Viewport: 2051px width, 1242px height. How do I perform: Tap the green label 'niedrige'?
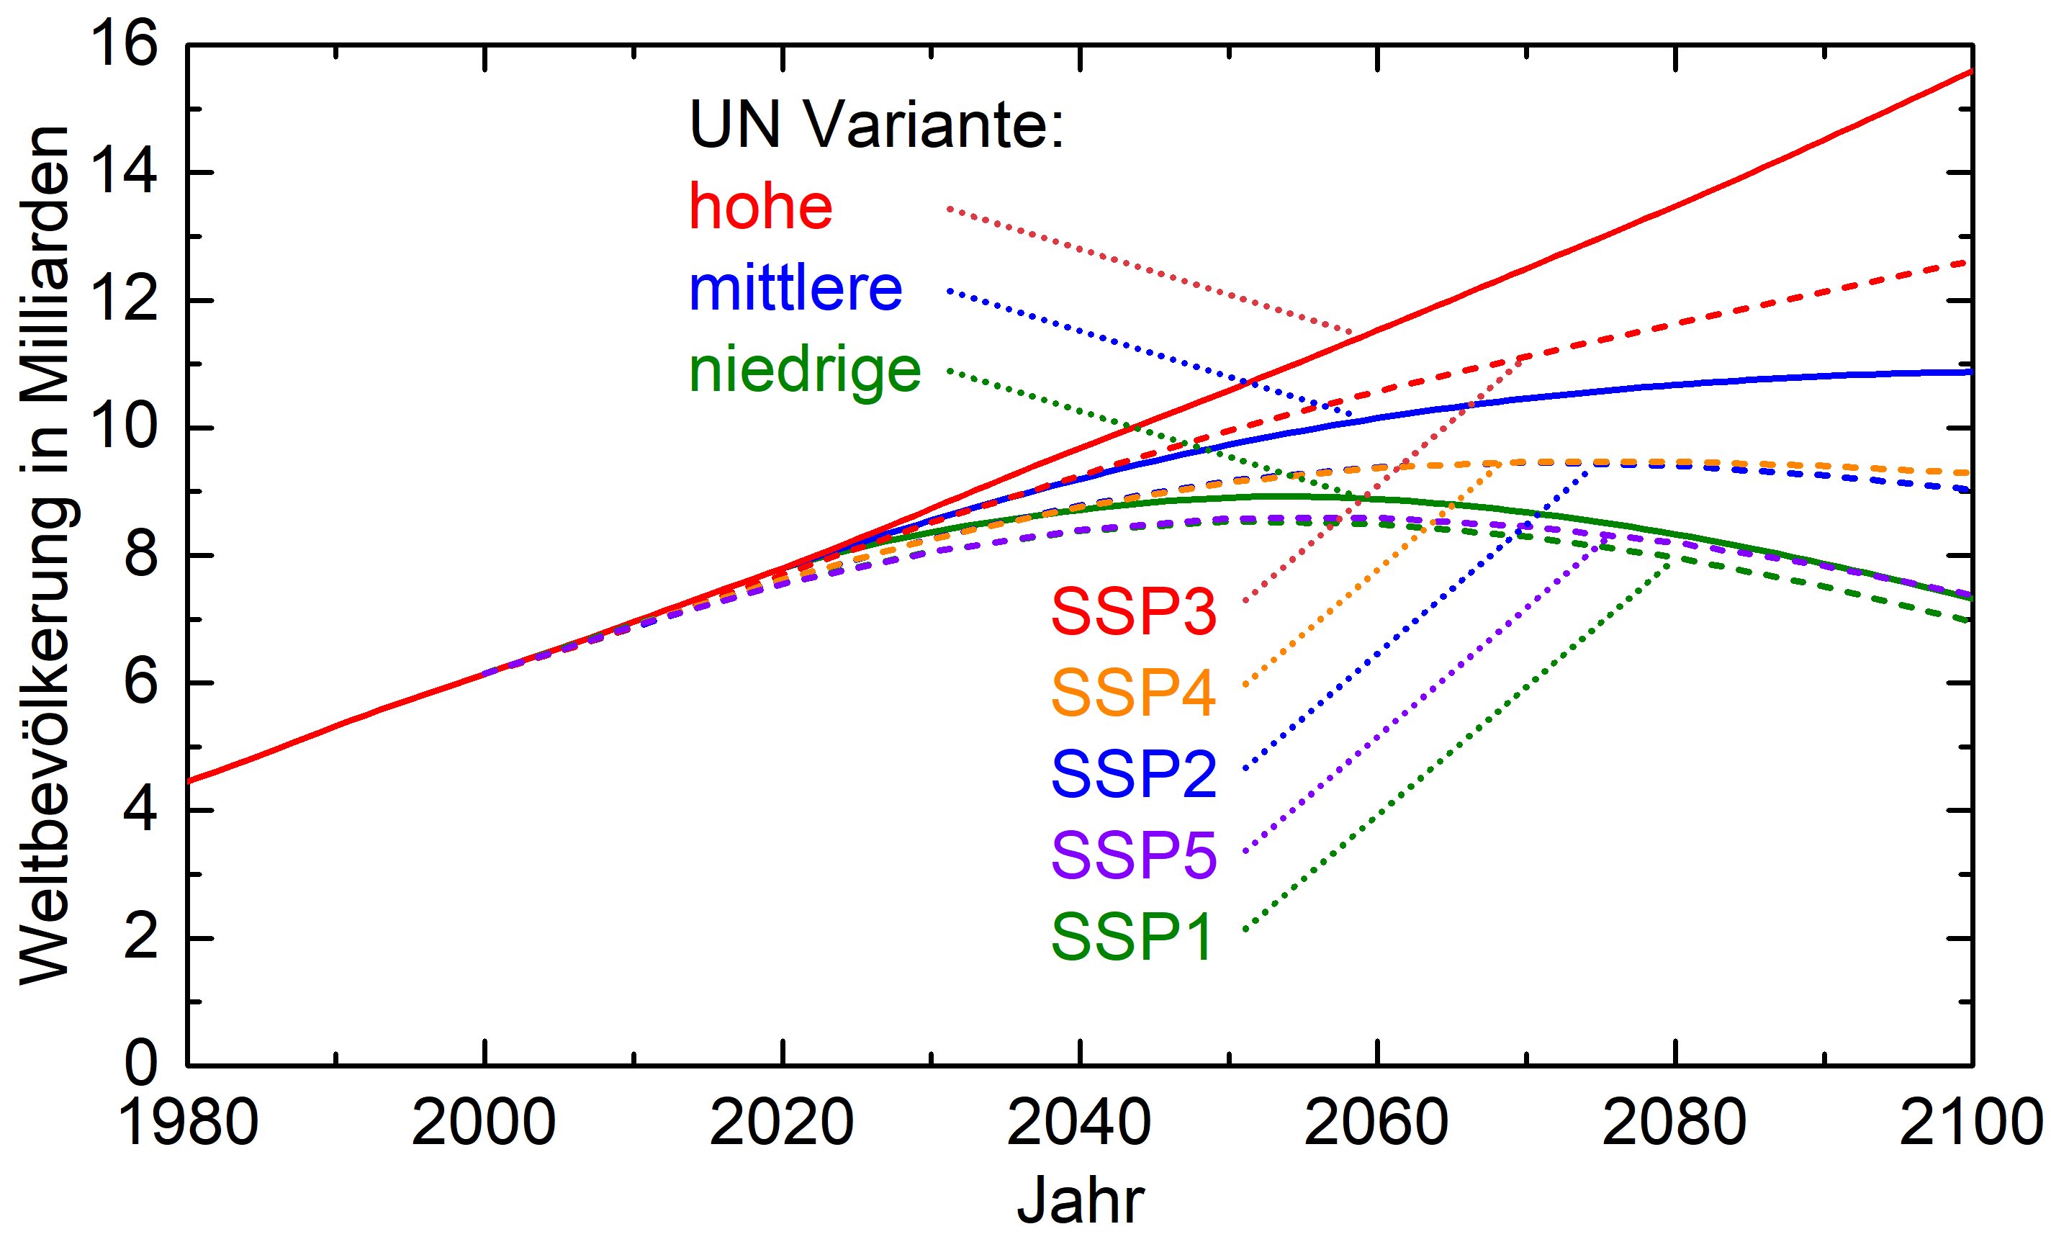click(804, 369)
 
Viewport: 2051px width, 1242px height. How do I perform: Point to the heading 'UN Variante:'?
click(877, 125)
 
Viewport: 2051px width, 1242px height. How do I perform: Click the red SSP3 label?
click(1133, 612)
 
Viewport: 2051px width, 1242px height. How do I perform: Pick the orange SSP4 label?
click(1133, 693)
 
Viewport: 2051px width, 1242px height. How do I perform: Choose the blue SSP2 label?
click(1133, 774)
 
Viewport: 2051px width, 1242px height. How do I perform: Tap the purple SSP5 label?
click(1133, 855)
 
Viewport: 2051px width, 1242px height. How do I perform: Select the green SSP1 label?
click(1131, 937)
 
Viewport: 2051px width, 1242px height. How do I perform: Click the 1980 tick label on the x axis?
click(188, 1122)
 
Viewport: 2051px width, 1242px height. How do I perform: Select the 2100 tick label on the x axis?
click(1971, 1122)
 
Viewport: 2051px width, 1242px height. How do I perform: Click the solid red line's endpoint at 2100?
click(1971, 71)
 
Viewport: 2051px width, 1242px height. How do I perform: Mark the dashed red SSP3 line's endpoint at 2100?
click(1970, 262)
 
